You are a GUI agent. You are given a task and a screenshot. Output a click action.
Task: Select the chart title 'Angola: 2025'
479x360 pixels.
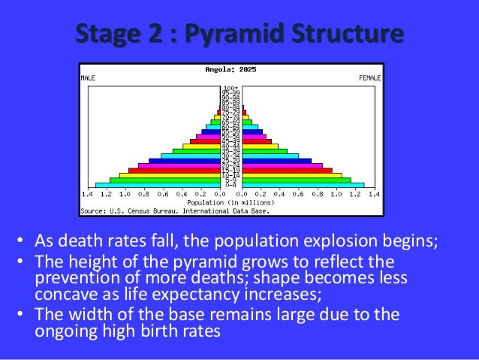[x=230, y=69]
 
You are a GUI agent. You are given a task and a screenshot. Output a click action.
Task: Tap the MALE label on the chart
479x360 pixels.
[x=88, y=77]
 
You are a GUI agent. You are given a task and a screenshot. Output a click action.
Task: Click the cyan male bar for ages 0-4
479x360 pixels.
[x=158, y=185]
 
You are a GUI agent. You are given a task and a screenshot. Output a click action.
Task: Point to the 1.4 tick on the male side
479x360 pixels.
[x=87, y=194]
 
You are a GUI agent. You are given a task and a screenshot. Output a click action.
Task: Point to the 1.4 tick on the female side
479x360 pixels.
[x=373, y=194]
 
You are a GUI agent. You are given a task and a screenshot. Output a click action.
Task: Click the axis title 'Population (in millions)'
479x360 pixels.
[x=230, y=202]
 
